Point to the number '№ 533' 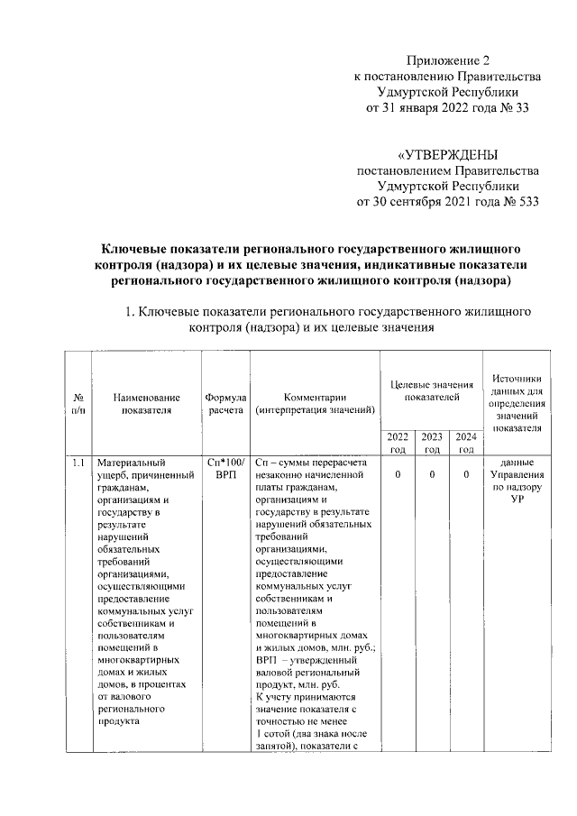[x=517, y=201]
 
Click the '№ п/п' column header [x=79, y=403]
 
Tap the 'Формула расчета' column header [x=225, y=403]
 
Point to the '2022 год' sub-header [x=398, y=442]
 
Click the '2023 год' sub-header [x=432, y=442]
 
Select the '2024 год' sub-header [x=466, y=442]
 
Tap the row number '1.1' [x=79, y=463]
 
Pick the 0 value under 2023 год [x=432, y=474]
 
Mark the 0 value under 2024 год [x=466, y=474]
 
